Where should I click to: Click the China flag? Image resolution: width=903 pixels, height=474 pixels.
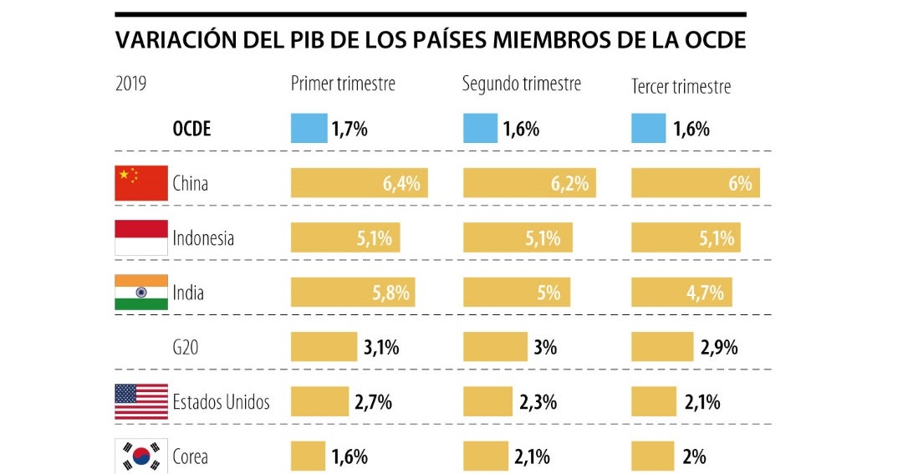(x=140, y=183)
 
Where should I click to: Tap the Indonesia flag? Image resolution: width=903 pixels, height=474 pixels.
(x=140, y=238)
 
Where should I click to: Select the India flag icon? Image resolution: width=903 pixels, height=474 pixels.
(x=140, y=293)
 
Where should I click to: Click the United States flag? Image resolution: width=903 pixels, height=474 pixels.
(x=140, y=402)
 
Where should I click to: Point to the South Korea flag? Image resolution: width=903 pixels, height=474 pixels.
(x=140, y=456)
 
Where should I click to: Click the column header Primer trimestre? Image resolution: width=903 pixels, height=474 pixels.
(x=343, y=84)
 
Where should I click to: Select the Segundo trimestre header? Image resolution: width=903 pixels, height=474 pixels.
(x=522, y=84)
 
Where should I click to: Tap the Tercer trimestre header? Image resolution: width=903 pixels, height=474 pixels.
(x=681, y=86)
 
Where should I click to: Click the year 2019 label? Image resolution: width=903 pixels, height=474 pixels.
(x=131, y=84)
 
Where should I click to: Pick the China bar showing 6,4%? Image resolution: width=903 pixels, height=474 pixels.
(x=359, y=183)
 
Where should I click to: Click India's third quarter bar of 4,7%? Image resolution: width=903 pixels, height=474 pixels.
(x=681, y=293)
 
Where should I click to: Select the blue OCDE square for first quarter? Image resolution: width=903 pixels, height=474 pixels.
(x=309, y=129)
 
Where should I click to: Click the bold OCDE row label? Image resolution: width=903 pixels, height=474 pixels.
(x=191, y=129)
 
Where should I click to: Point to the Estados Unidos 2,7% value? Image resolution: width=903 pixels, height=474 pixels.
(x=373, y=402)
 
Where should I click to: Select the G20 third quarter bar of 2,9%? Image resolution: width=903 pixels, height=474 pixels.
(x=661, y=347)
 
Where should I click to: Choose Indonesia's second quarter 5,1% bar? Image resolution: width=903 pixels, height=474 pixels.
(x=518, y=238)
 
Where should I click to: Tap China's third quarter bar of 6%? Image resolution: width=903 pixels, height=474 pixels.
(x=695, y=183)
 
